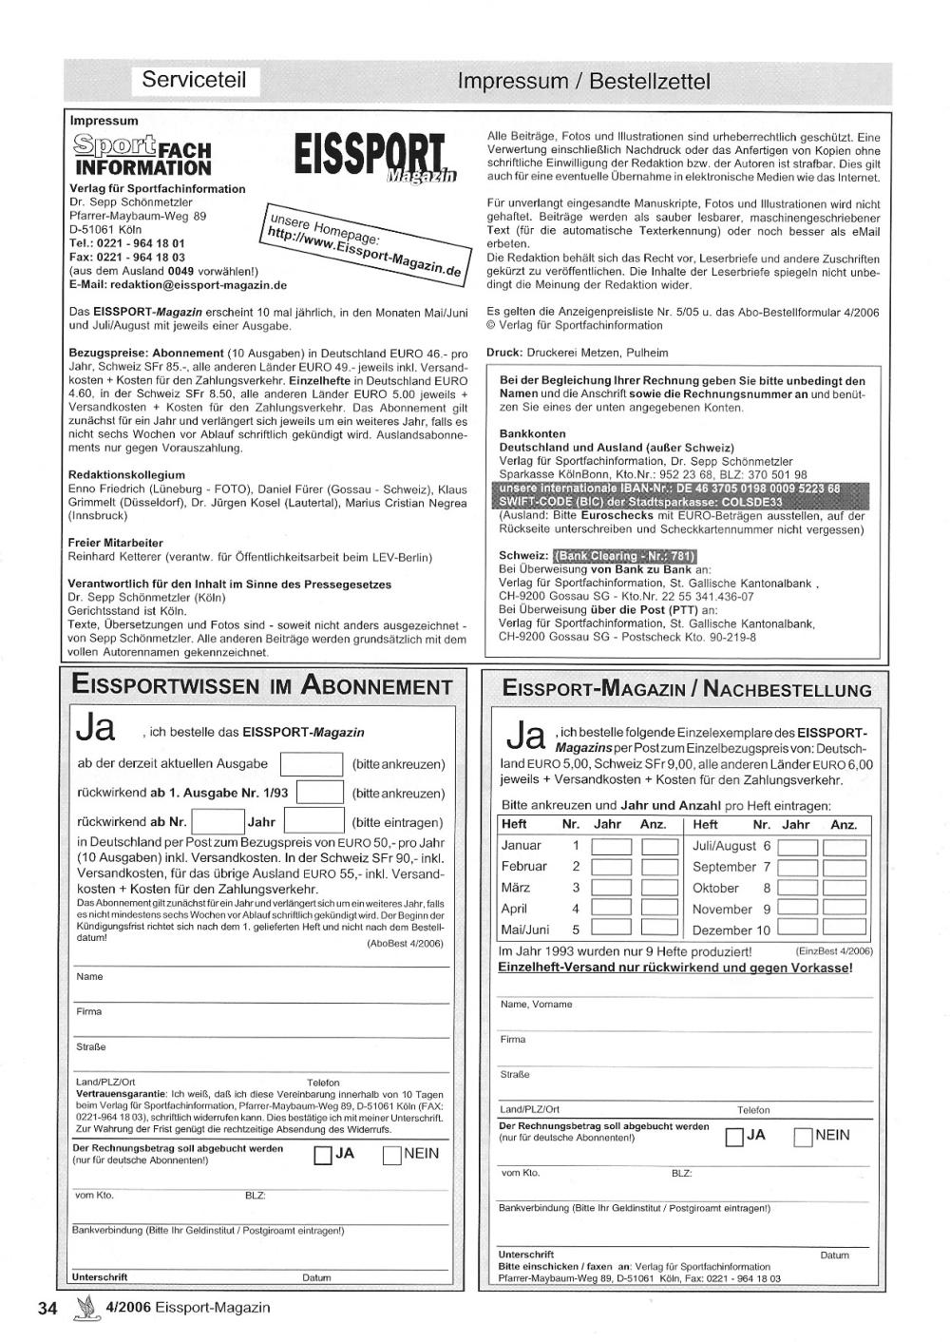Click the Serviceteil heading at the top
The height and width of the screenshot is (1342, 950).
tap(194, 80)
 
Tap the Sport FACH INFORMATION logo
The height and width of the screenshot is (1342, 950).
tap(142, 157)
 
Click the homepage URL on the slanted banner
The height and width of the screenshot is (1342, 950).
tap(364, 243)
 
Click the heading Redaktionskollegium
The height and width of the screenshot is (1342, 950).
tap(127, 474)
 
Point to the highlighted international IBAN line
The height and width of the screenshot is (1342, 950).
tap(669, 489)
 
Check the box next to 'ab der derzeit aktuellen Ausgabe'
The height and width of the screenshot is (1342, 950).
tap(312, 764)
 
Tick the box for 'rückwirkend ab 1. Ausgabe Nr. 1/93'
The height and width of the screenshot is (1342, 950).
tap(320, 793)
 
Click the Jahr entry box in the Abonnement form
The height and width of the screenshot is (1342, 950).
tap(313, 821)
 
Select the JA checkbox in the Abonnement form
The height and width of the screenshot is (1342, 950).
tap(322, 1155)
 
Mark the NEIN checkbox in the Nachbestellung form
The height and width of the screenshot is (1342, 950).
tap(804, 1137)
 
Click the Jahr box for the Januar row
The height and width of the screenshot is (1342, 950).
tap(611, 846)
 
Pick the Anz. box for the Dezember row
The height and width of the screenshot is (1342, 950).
tap(844, 929)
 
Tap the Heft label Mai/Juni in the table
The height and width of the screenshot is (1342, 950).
tap(525, 930)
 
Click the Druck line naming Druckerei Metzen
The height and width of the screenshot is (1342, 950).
tap(577, 353)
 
